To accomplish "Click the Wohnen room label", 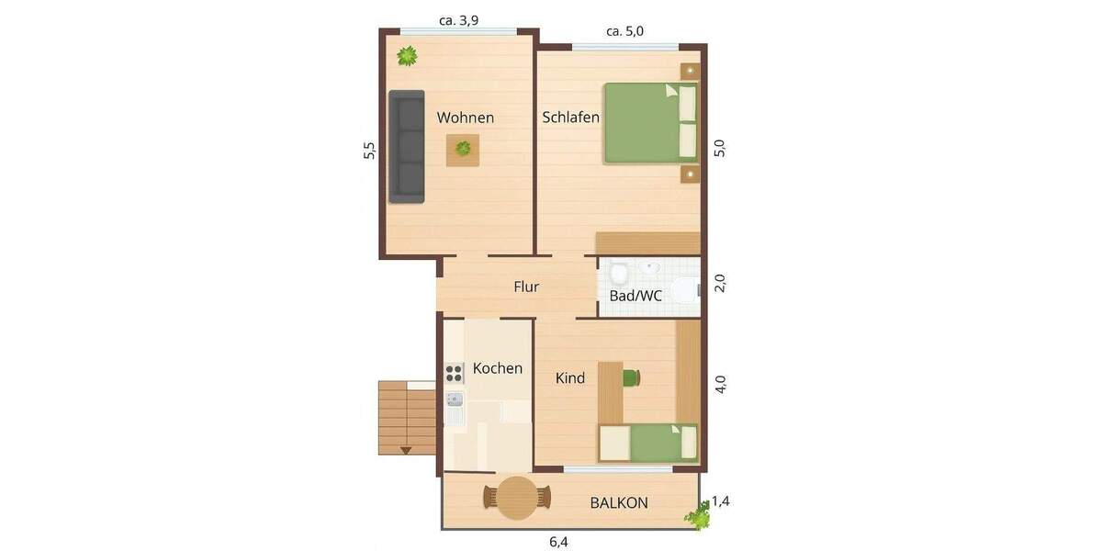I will pyautogui.click(x=465, y=118).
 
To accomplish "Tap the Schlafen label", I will pyautogui.click(x=570, y=118).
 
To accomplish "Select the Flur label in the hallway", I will pyautogui.click(x=526, y=287).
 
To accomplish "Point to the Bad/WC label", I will pyautogui.click(x=635, y=296).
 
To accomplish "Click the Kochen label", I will pyautogui.click(x=497, y=368).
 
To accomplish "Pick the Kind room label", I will pyautogui.click(x=570, y=377).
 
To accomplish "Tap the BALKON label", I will pyautogui.click(x=619, y=502).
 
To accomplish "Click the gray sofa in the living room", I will pyautogui.click(x=407, y=146).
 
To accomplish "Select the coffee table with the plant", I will pyautogui.click(x=463, y=149).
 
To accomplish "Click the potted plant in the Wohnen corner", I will pyautogui.click(x=407, y=56).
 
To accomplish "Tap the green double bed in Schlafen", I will pyautogui.click(x=650, y=122).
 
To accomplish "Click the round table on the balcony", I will pyautogui.click(x=518, y=498).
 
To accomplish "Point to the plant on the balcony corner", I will pyautogui.click(x=699, y=516).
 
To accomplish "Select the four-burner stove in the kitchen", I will pyautogui.click(x=455, y=372).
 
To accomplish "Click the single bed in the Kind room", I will pyautogui.click(x=648, y=443).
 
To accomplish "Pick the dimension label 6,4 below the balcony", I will pyautogui.click(x=558, y=542).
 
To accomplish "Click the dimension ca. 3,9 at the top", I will pyautogui.click(x=459, y=20).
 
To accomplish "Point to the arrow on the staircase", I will pyautogui.click(x=405, y=450).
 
